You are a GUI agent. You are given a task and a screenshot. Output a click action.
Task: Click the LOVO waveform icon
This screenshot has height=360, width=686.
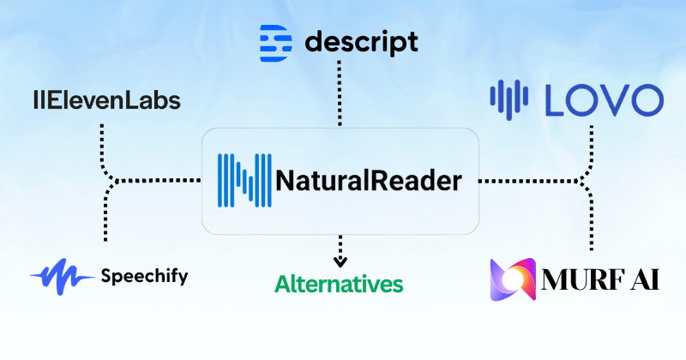coord(512,100)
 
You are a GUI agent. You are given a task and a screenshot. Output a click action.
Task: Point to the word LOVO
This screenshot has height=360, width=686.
coord(603,100)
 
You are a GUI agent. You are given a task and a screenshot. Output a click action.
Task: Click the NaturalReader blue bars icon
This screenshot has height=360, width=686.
coord(244,181)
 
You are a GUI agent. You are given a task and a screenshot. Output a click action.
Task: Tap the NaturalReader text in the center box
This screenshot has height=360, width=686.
coord(369,181)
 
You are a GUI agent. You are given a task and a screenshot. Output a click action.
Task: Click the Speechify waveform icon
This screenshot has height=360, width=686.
coord(62,276)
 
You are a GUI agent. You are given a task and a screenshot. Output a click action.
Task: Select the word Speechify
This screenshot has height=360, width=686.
coord(143,276)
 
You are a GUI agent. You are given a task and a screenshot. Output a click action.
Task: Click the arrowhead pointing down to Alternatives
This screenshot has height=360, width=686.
coord(340,260)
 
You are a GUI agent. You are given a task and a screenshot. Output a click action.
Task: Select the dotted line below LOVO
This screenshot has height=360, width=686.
coord(590,141)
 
